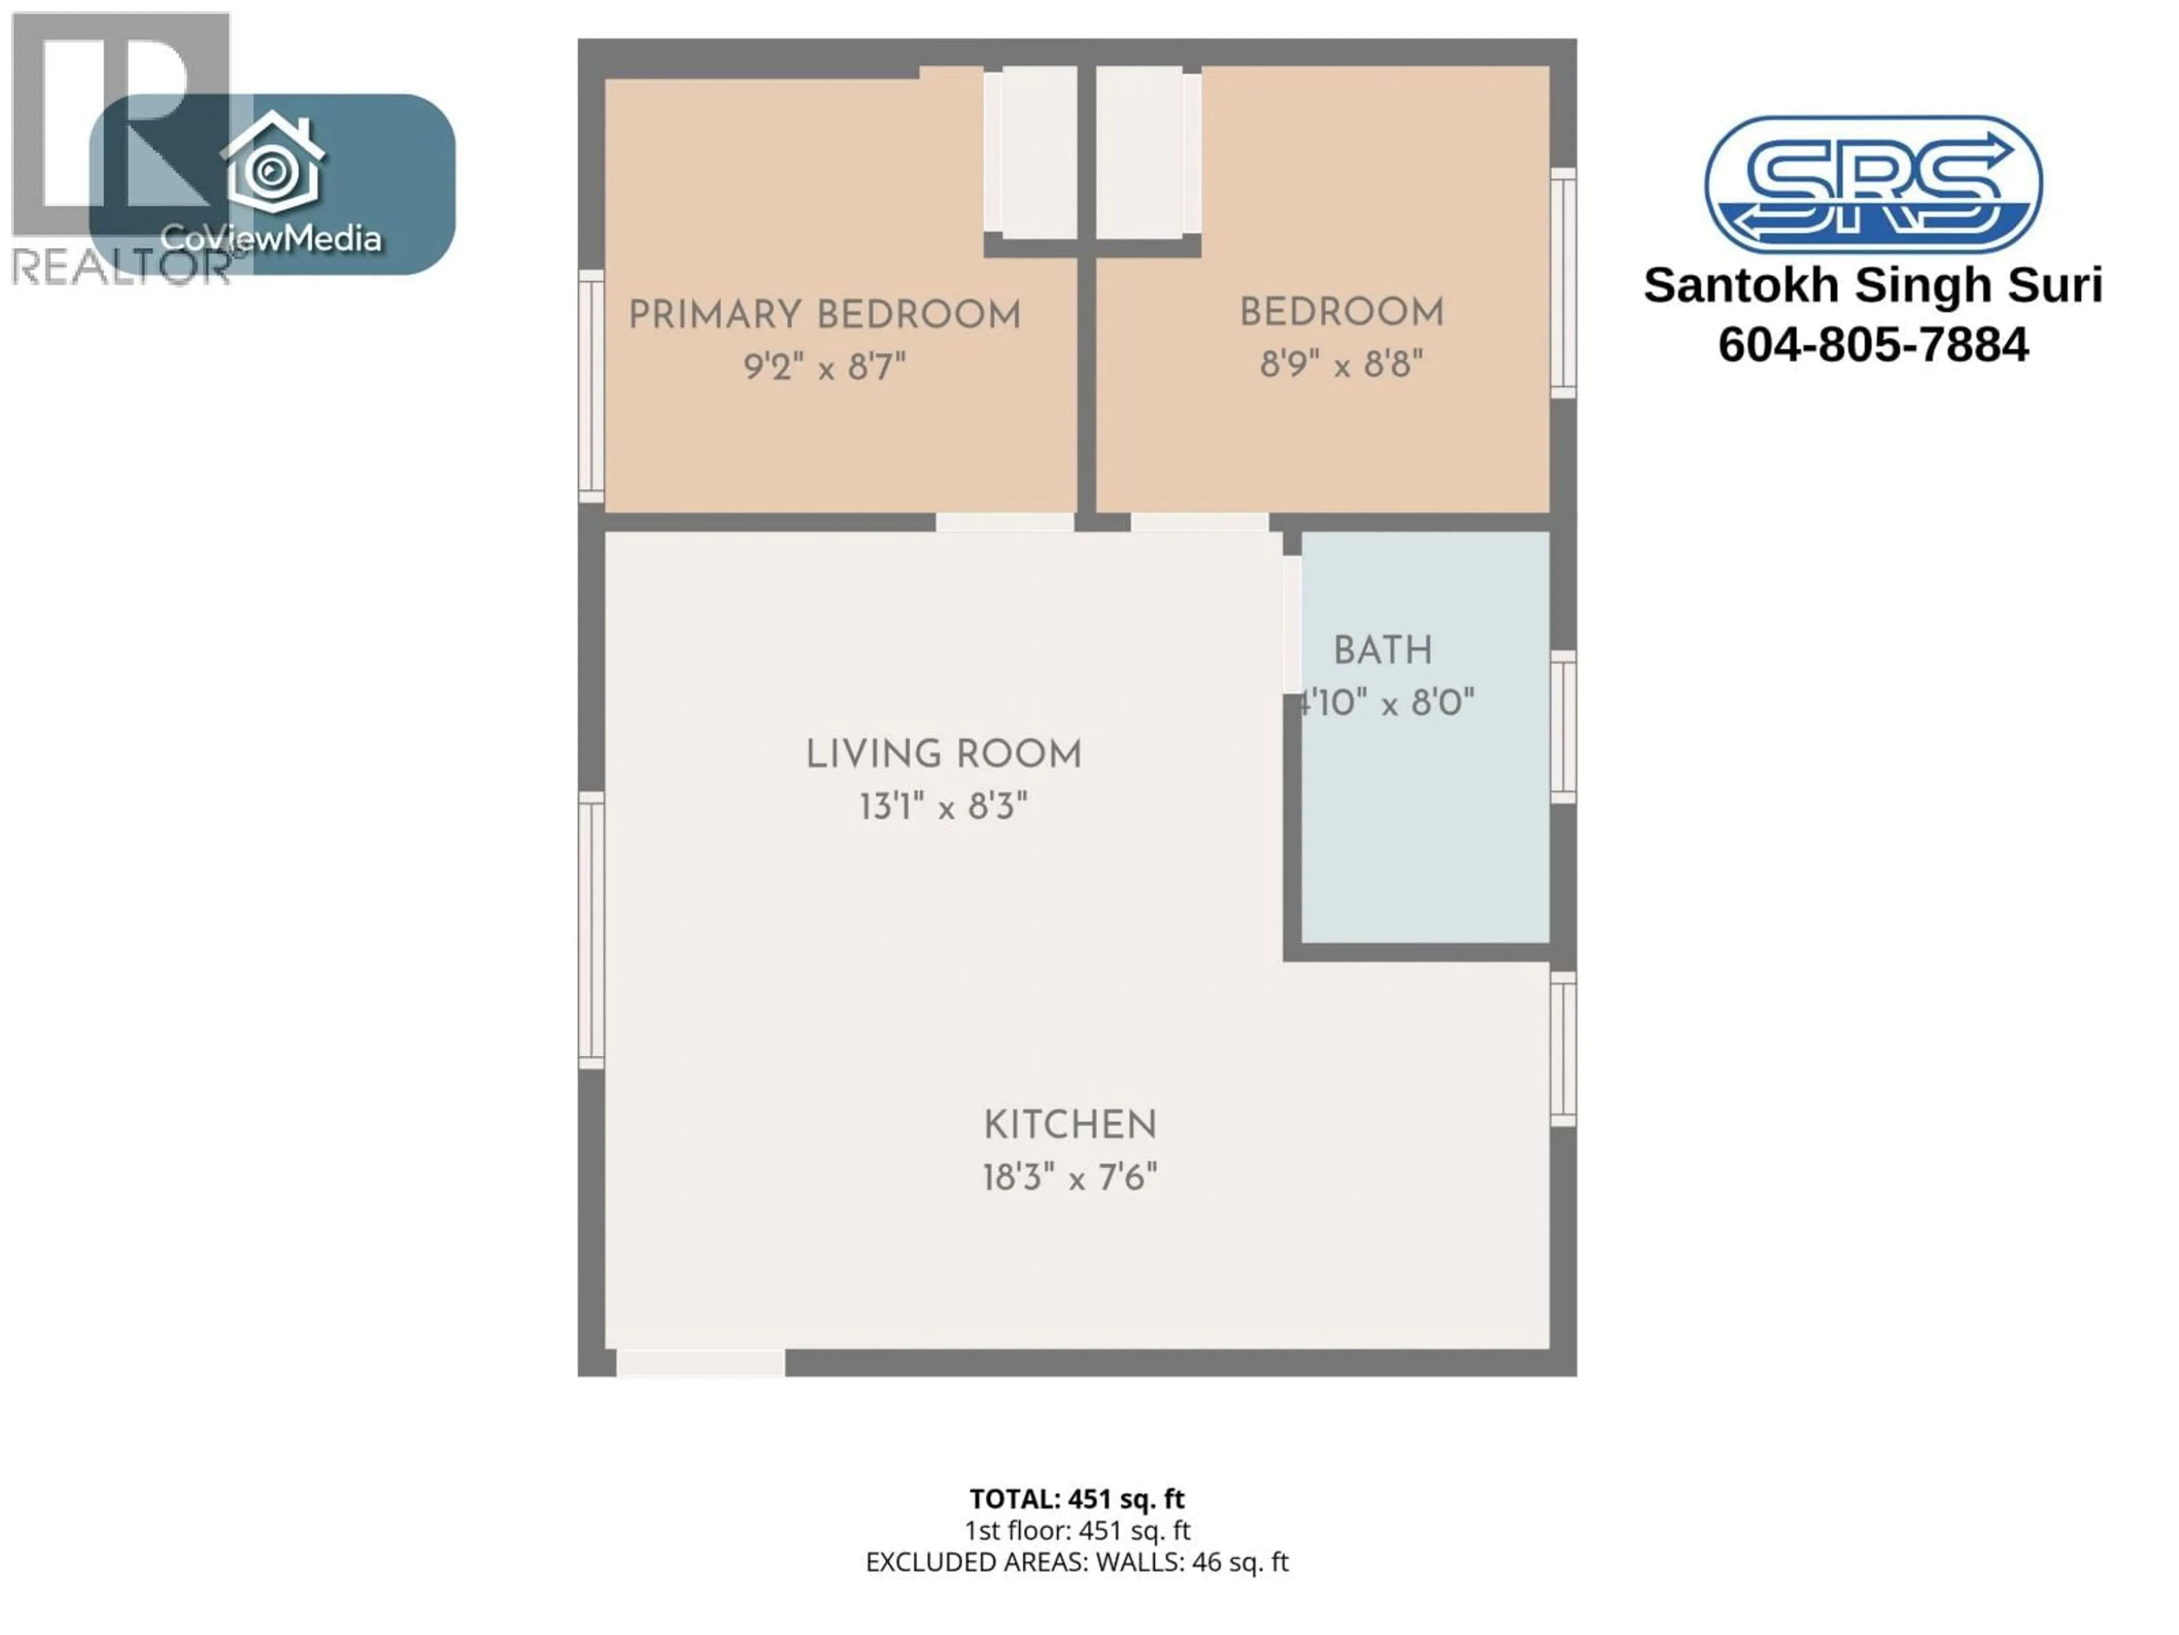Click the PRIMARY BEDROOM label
(x=825, y=316)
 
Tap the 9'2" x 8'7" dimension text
(x=825, y=368)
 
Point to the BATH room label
(x=1382, y=651)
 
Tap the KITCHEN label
(x=1070, y=1125)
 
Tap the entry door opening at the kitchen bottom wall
(x=700, y=1363)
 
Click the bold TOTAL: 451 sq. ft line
(x=1076, y=1499)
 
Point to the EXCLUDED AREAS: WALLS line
(x=1076, y=1562)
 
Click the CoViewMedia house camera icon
(x=272, y=166)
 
